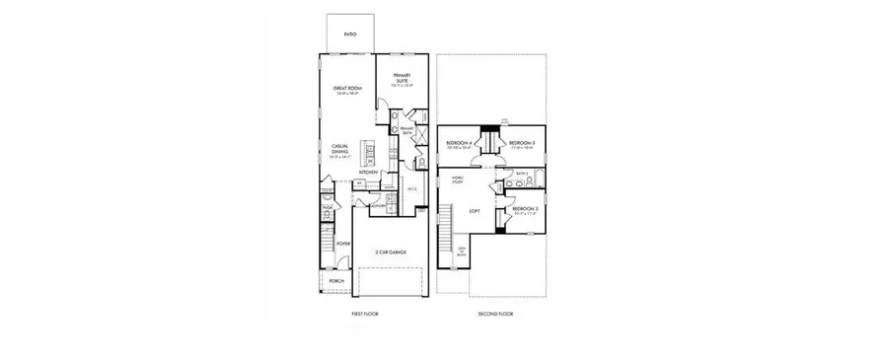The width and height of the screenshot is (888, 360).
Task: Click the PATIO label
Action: tap(350, 35)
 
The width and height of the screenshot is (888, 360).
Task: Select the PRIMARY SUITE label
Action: tap(402, 80)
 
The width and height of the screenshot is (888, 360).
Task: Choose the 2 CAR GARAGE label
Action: tap(391, 252)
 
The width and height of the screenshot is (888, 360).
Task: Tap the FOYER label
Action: tap(343, 243)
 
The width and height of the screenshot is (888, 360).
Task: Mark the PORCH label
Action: tap(337, 279)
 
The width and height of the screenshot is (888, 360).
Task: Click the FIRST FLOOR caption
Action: tap(365, 314)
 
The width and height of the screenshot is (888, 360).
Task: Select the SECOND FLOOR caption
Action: tap(494, 314)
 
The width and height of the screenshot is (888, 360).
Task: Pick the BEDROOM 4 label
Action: tap(461, 144)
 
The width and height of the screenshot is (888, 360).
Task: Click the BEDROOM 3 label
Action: tap(521, 144)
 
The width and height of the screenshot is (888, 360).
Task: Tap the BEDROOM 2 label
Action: tap(525, 209)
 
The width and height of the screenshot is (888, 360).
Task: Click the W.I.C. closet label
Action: tap(413, 188)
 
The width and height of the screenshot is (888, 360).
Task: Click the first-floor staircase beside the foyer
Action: tap(328, 242)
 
